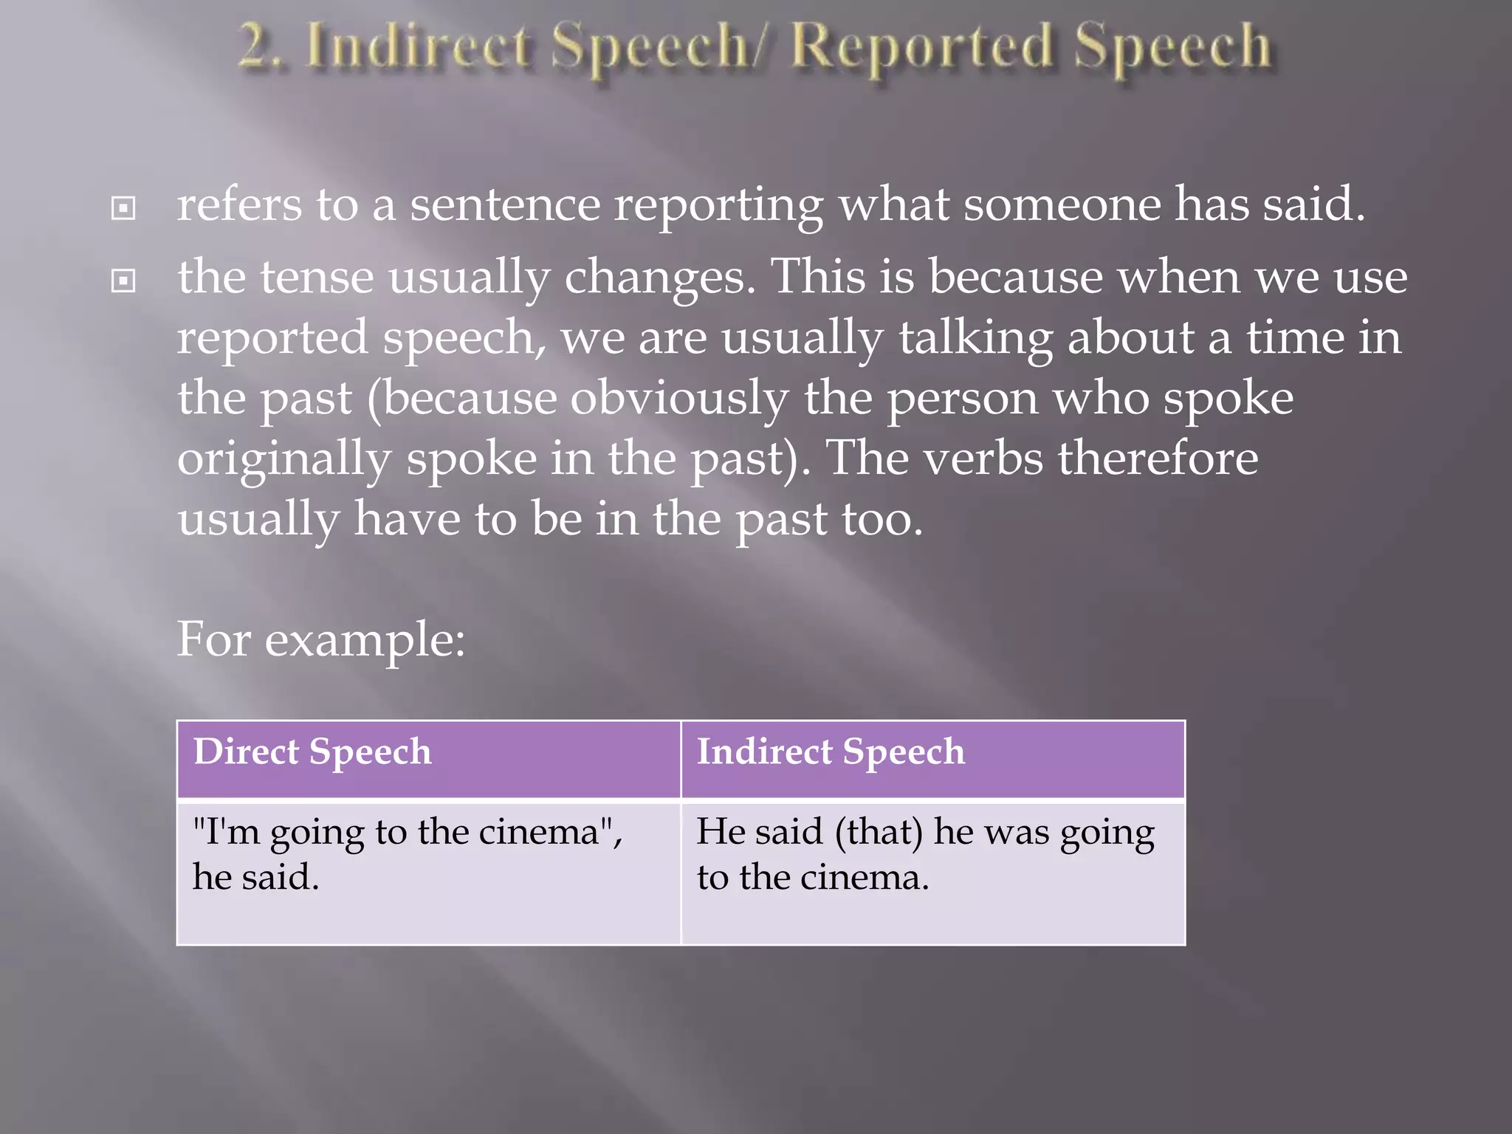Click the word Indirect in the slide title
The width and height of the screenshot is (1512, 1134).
coord(418,49)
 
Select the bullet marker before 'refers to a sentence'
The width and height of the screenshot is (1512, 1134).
coord(123,208)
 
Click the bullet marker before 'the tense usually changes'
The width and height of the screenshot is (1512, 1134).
coord(123,281)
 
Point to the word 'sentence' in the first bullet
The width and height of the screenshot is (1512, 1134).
coord(505,205)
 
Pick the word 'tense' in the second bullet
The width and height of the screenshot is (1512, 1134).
coord(317,278)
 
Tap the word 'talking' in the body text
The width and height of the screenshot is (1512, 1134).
coord(975,339)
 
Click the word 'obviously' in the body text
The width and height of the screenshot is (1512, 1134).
coord(679,399)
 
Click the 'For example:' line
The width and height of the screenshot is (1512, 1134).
coord(321,639)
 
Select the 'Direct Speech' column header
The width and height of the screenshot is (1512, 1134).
coord(312,752)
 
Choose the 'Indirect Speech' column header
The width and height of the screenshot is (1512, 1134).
coord(831,752)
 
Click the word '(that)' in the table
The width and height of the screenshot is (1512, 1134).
coord(879,833)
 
